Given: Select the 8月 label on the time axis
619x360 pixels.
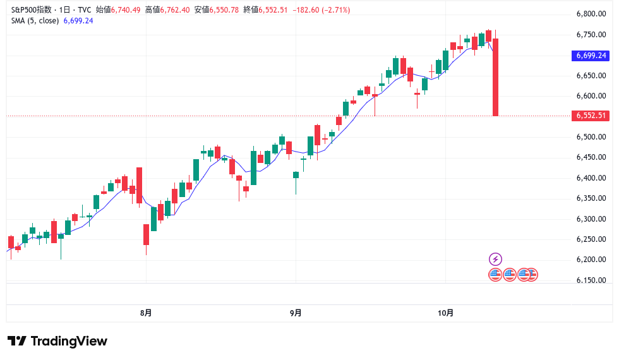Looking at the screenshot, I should (x=146, y=313).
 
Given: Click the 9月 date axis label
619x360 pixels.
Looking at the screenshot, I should (x=296, y=313).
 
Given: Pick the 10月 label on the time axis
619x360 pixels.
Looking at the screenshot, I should (x=445, y=313).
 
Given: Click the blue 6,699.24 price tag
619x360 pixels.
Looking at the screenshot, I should (x=591, y=56).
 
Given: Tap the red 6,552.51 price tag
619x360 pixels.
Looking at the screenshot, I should (x=591, y=116).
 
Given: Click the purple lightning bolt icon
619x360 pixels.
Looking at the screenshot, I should (x=495, y=259).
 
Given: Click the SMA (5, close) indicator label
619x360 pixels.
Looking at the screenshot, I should (x=35, y=21).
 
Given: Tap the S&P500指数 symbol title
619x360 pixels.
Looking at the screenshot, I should (x=32, y=10).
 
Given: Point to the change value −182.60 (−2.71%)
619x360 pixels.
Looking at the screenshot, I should (x=322, y=10).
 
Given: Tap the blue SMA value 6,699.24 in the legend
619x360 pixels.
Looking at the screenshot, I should (x=78, y=21).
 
